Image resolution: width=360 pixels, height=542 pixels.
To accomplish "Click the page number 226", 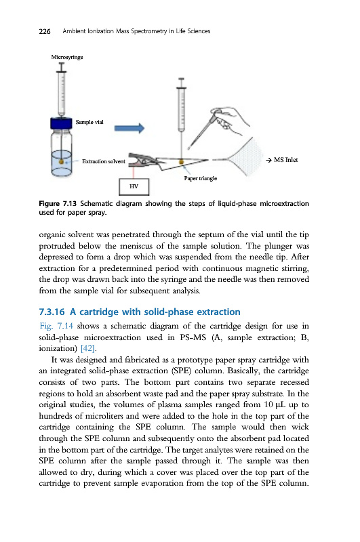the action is [x=45, y=31].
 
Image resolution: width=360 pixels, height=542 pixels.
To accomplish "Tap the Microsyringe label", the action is [x=66, y=57].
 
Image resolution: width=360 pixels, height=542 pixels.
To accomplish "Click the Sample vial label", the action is [x=89, y=122].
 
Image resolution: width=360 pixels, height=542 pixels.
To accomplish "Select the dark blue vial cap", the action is [x=61, y=124].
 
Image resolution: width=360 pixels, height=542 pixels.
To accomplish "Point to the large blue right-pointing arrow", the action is [x=129, y=128].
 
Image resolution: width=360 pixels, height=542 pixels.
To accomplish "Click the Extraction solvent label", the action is [x=104, y=161].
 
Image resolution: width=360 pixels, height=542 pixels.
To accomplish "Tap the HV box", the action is [x=134, y=187].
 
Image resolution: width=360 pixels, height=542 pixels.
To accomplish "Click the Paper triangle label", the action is [x=200, y=178].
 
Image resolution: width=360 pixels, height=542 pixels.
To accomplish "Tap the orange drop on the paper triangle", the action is [x=181, y=162].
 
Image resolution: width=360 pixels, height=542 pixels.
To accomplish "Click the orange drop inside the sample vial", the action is [x=61, y=161].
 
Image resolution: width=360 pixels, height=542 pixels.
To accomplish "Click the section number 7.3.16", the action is [x=52, y=312].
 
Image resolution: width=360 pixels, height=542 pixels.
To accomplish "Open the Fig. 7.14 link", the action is [x=56, y=326].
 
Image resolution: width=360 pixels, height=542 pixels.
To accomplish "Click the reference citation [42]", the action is [x=88, y=348].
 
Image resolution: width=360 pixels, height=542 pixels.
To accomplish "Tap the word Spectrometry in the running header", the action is [x=149, y=31].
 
